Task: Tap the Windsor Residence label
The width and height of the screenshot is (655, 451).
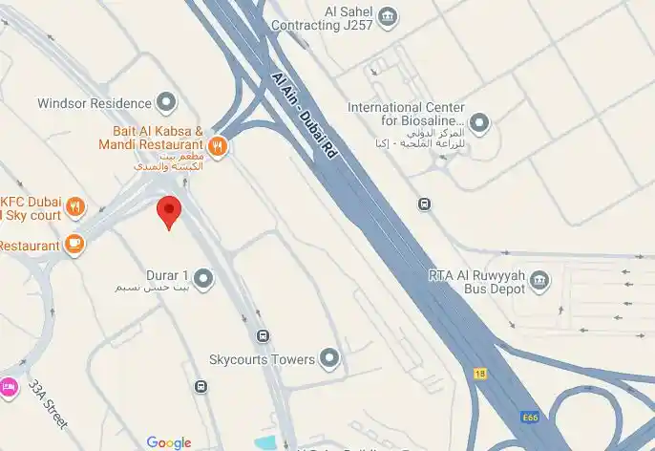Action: pyautogui.click(x=95, y=103)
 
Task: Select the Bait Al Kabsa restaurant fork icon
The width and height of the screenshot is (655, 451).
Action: pyautogui.click(x=218, y=146)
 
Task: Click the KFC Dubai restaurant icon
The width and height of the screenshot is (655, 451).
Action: pyautogui.click(x=76, y=206)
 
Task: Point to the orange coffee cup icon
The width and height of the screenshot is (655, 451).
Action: pyautogui.click(x=74, y=245)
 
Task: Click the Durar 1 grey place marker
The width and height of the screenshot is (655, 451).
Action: pyautogui.click(x=202, y=278)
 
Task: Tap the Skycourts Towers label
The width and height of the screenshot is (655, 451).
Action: pyautogui.click(x=262, y=360)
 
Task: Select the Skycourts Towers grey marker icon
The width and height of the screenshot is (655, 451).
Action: pyautogui.click(x=329, y=359)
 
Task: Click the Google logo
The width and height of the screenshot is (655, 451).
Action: pyautogui.click(x=169, y=442)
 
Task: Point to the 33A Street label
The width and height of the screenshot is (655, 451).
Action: pyautogui.click(x=48, y=404)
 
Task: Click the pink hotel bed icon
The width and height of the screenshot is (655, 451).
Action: pyautogui.click(x=9, y=387)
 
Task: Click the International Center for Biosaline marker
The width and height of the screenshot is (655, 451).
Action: pyautogui.click(x=479, y=122)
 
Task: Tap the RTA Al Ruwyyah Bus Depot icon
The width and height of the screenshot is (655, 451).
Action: pyautogui.click(x=540, y=279)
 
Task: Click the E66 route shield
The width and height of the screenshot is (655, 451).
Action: pyautogui.click(x=531, y=418)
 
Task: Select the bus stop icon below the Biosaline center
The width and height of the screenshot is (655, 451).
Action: pyautogui.click(x=424, y=204)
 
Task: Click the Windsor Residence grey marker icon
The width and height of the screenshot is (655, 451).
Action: pyautogui.click(x=167, y=102)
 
